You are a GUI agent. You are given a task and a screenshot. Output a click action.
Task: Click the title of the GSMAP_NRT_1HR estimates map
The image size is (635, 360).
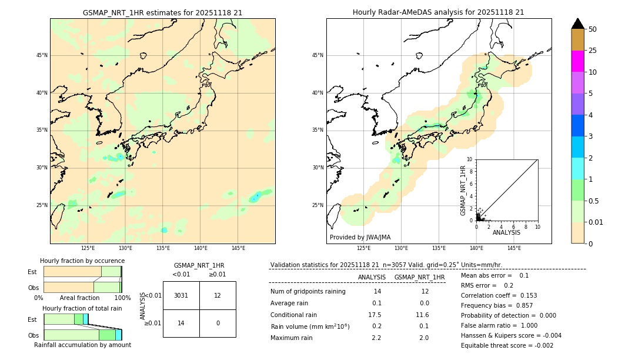pos(162,12)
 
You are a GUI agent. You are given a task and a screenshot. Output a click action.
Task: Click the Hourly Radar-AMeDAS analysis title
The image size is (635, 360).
pos(438,12)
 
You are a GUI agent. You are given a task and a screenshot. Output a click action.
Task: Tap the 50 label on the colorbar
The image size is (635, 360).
pos(593,29)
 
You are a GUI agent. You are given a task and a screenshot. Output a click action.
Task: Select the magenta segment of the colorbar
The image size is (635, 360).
pos(577,61)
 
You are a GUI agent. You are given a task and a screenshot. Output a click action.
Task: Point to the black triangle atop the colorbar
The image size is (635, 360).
pos(577,24)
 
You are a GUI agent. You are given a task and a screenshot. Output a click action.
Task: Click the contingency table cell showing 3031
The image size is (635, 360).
pos(181,295)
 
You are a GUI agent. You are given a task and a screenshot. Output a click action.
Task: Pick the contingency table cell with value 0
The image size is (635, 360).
pos(218,323)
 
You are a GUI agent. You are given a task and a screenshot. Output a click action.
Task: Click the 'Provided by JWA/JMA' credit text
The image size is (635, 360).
pos(360,237)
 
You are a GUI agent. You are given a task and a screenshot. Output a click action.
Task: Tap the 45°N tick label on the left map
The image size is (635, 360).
pos(42,55)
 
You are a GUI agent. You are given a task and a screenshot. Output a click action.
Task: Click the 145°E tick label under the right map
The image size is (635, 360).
pos(514,248)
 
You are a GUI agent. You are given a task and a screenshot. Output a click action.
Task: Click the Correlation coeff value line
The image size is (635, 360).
pos(499,295)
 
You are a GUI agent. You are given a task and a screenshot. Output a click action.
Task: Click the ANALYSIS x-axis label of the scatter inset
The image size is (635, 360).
pos(506,233)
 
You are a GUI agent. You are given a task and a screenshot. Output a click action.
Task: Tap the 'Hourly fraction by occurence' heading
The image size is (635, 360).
pos(82,261)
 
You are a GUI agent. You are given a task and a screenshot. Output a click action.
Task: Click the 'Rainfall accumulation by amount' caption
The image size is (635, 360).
pos(82,345)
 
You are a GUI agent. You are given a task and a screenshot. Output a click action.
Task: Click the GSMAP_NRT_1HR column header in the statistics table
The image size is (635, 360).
pos(419,277)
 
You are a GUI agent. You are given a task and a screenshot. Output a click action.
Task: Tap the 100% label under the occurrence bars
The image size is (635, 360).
pos(122,298)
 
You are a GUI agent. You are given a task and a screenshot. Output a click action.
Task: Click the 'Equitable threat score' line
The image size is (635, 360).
pos(507,345)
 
